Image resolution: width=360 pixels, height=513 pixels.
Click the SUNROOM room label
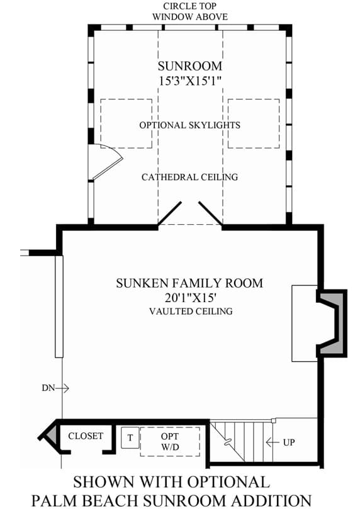(x=190, y=66)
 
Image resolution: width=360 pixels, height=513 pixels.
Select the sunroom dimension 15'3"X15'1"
(x=190, y=81)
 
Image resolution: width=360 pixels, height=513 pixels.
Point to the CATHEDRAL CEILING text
(x=190, y=177)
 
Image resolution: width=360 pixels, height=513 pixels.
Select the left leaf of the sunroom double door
(x=169, y=213)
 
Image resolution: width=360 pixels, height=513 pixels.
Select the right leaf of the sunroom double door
(x=210, y=213)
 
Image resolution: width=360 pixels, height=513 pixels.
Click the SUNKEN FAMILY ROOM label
(x=189, y=283)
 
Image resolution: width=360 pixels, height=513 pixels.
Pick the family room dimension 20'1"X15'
(x=191, y=298)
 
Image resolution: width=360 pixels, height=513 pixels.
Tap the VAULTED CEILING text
(x=191, y=311)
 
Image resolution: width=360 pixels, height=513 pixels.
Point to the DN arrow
(x=62, y=388)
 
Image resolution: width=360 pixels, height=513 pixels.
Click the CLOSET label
(x=86, y=436)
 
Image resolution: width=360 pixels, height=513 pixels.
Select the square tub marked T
(x=130, y=437)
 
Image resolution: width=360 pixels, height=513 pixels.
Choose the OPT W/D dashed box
(x=170, y=441)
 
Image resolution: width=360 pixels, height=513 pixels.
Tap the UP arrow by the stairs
(x=273, y=443)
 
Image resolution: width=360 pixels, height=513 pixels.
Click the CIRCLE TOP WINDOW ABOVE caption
(x=190, y=11)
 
